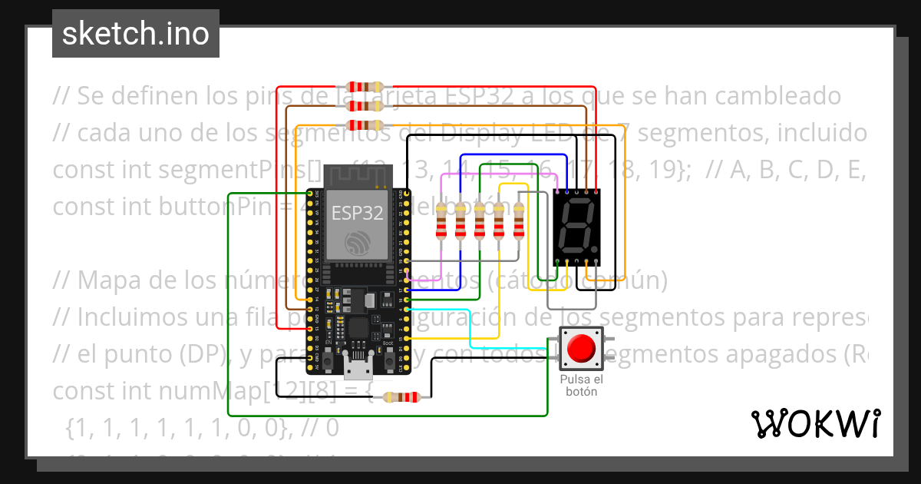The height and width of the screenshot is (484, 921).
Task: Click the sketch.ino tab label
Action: (135, 34)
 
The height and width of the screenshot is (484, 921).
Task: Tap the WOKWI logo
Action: (814, 423)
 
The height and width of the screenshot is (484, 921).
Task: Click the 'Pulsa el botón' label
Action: (581, 386)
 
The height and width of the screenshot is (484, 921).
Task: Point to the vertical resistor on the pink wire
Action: (441, 221)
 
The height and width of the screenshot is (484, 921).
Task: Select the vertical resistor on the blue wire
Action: (460, 221)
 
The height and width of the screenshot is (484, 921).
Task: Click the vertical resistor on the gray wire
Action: (519, 221)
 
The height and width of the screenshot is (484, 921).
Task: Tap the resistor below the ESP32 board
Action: (401, 397)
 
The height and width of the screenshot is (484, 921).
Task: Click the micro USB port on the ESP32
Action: (355, 370)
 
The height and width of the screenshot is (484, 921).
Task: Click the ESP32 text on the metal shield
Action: (357, 213)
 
